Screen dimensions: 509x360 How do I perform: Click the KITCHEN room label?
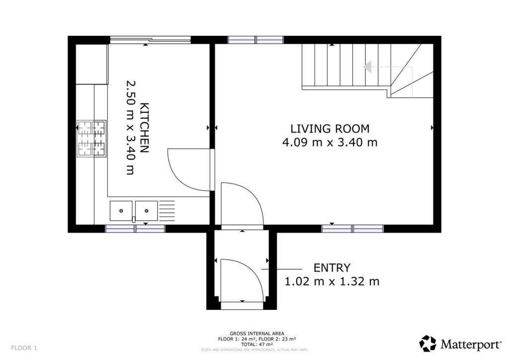point(145,128)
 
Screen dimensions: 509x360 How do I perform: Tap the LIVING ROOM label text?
point(330,129)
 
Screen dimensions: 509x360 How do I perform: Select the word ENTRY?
point(332,268)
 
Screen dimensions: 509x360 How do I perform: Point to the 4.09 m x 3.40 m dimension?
point(330,143)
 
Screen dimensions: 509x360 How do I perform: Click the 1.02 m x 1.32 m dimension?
point(332,281)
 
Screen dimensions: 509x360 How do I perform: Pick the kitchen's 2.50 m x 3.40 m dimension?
point(131,128)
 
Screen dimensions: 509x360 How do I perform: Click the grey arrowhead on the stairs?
point(367,67)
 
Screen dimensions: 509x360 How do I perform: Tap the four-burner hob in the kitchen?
point(91,139)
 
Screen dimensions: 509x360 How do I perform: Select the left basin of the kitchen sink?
point(121,211)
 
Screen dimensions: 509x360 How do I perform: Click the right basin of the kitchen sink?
point(147,211)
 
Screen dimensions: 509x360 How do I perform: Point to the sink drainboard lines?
point(167,211)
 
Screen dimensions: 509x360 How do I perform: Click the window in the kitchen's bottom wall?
point(135,229)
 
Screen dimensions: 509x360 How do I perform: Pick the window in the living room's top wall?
point(256,40)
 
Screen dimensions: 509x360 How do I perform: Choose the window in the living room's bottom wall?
point(352,229)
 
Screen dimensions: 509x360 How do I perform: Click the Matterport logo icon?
point(428,344)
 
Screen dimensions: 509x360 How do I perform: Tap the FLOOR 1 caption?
point(24,348)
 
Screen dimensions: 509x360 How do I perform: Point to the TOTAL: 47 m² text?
point(257,345)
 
